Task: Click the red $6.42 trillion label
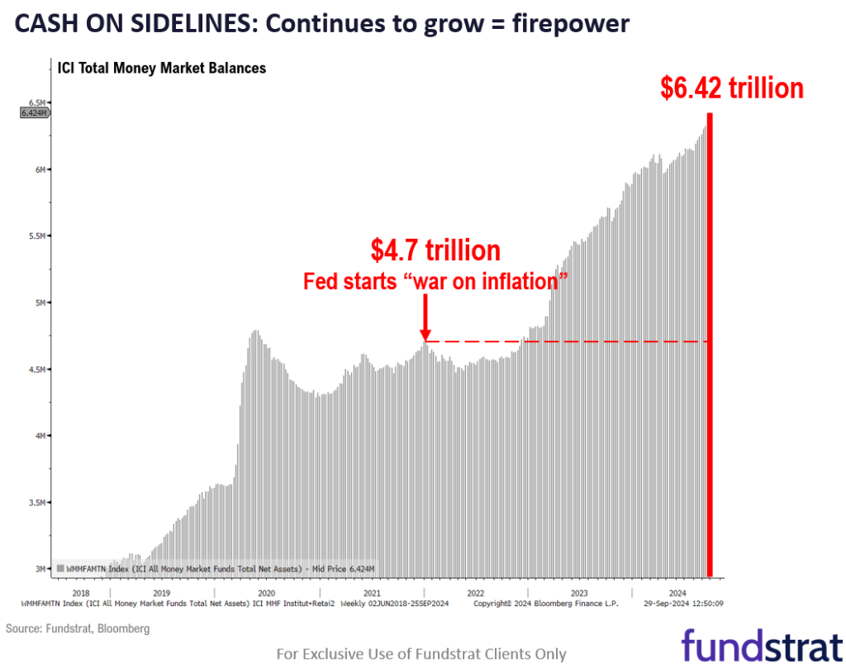(732, 88)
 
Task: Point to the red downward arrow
(425, 318)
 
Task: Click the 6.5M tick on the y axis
(36, 103)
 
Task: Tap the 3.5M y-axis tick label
(36, 503)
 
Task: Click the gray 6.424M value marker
(35, 113)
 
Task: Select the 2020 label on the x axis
(265, 594)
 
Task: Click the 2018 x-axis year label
(81, 594)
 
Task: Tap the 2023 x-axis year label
(579, 594)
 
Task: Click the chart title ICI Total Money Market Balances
(161, 68)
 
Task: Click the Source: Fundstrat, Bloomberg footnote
(78, 629)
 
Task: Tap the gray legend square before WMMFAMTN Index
(60, 569)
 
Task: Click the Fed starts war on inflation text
(436, 281)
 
